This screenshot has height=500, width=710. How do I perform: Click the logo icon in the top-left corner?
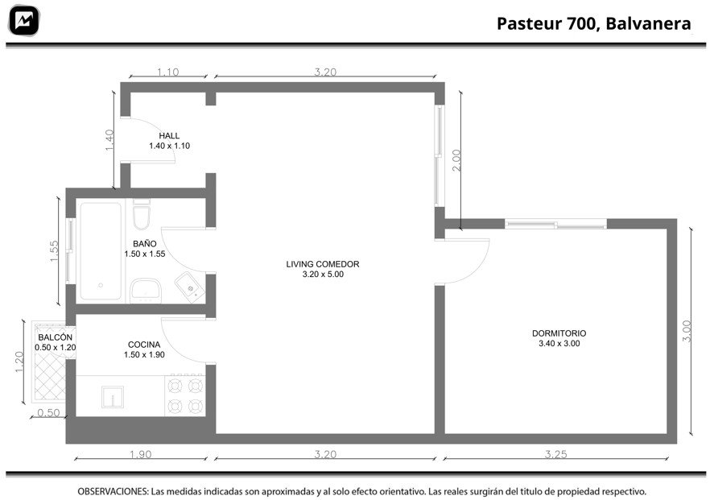click(24, 20)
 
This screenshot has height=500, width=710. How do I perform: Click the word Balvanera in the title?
click(648, 23)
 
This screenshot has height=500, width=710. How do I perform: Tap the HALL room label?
click(169, 135)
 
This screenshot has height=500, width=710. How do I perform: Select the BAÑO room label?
click(144, 244)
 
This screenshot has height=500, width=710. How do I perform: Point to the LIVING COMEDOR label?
click(322, 264)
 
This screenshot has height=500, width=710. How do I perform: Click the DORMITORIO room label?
click(559, 333)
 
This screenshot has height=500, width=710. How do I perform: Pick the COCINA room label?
click(144, 345)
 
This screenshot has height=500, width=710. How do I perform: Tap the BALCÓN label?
click(56, 337)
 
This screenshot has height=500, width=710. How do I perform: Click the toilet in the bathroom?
click(142, 215)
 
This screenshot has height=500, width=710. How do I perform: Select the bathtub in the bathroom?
click(101, 251)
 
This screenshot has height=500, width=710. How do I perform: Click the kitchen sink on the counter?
click(113, 397)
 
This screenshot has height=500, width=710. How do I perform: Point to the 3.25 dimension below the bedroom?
click(555, 454)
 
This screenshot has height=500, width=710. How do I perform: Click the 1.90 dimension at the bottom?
click(140, 454)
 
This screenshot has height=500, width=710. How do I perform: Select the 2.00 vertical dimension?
click(456, 160)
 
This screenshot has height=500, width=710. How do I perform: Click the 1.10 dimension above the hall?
click(168, 72)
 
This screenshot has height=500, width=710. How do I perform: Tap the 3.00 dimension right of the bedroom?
click(687, 331)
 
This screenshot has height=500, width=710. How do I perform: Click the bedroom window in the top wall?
click(555, 224)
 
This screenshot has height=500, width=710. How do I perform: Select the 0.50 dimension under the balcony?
click(48, 412)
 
